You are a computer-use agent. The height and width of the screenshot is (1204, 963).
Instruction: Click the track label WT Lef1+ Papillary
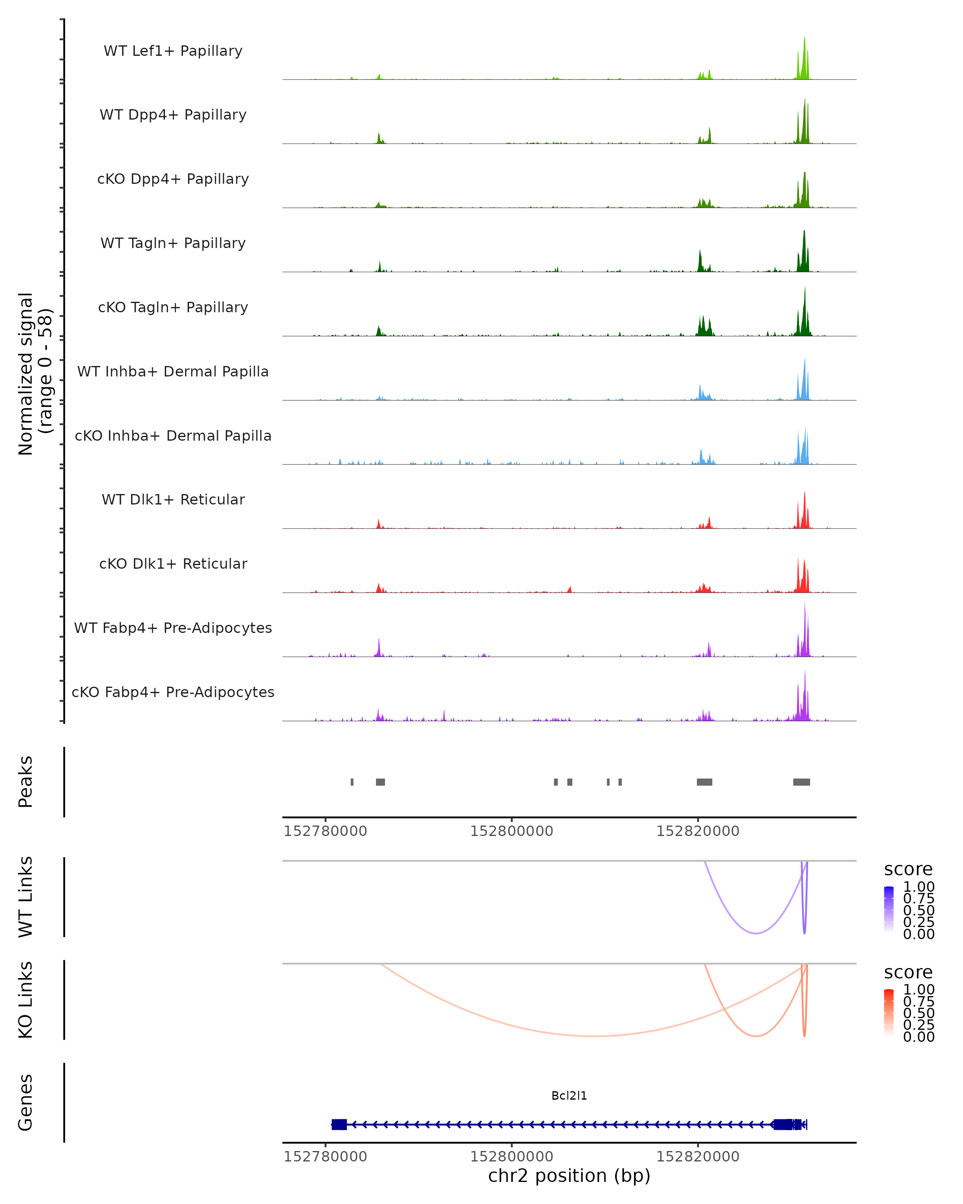173,51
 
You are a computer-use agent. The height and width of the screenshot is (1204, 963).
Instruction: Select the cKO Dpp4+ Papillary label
173,179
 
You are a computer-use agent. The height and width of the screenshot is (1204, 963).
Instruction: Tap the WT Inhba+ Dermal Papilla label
173,372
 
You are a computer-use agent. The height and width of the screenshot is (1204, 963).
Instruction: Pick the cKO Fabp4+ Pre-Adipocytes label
173,692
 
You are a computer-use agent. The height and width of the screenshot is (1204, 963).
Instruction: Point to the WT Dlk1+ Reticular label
173,500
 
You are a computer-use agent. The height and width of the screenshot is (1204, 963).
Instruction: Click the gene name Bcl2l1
569,1096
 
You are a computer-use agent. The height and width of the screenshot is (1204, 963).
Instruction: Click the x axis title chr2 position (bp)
569,1176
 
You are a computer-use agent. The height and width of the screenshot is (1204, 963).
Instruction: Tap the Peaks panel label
26,782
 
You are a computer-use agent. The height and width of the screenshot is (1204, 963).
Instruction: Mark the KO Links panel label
26,1000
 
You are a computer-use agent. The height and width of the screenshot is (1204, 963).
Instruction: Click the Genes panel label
26,1103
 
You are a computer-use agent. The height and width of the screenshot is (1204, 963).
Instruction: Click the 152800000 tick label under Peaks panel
511,832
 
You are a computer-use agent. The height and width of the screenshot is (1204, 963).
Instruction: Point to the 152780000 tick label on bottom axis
325,1157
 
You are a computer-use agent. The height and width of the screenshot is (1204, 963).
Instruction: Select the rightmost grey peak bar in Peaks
801,782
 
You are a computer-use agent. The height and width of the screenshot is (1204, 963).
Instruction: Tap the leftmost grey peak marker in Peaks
352,782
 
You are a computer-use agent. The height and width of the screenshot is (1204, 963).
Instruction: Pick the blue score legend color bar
889,910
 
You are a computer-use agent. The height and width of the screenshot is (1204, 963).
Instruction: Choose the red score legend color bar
889,1014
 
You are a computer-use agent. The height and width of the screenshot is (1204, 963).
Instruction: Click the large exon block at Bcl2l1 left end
339,1125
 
